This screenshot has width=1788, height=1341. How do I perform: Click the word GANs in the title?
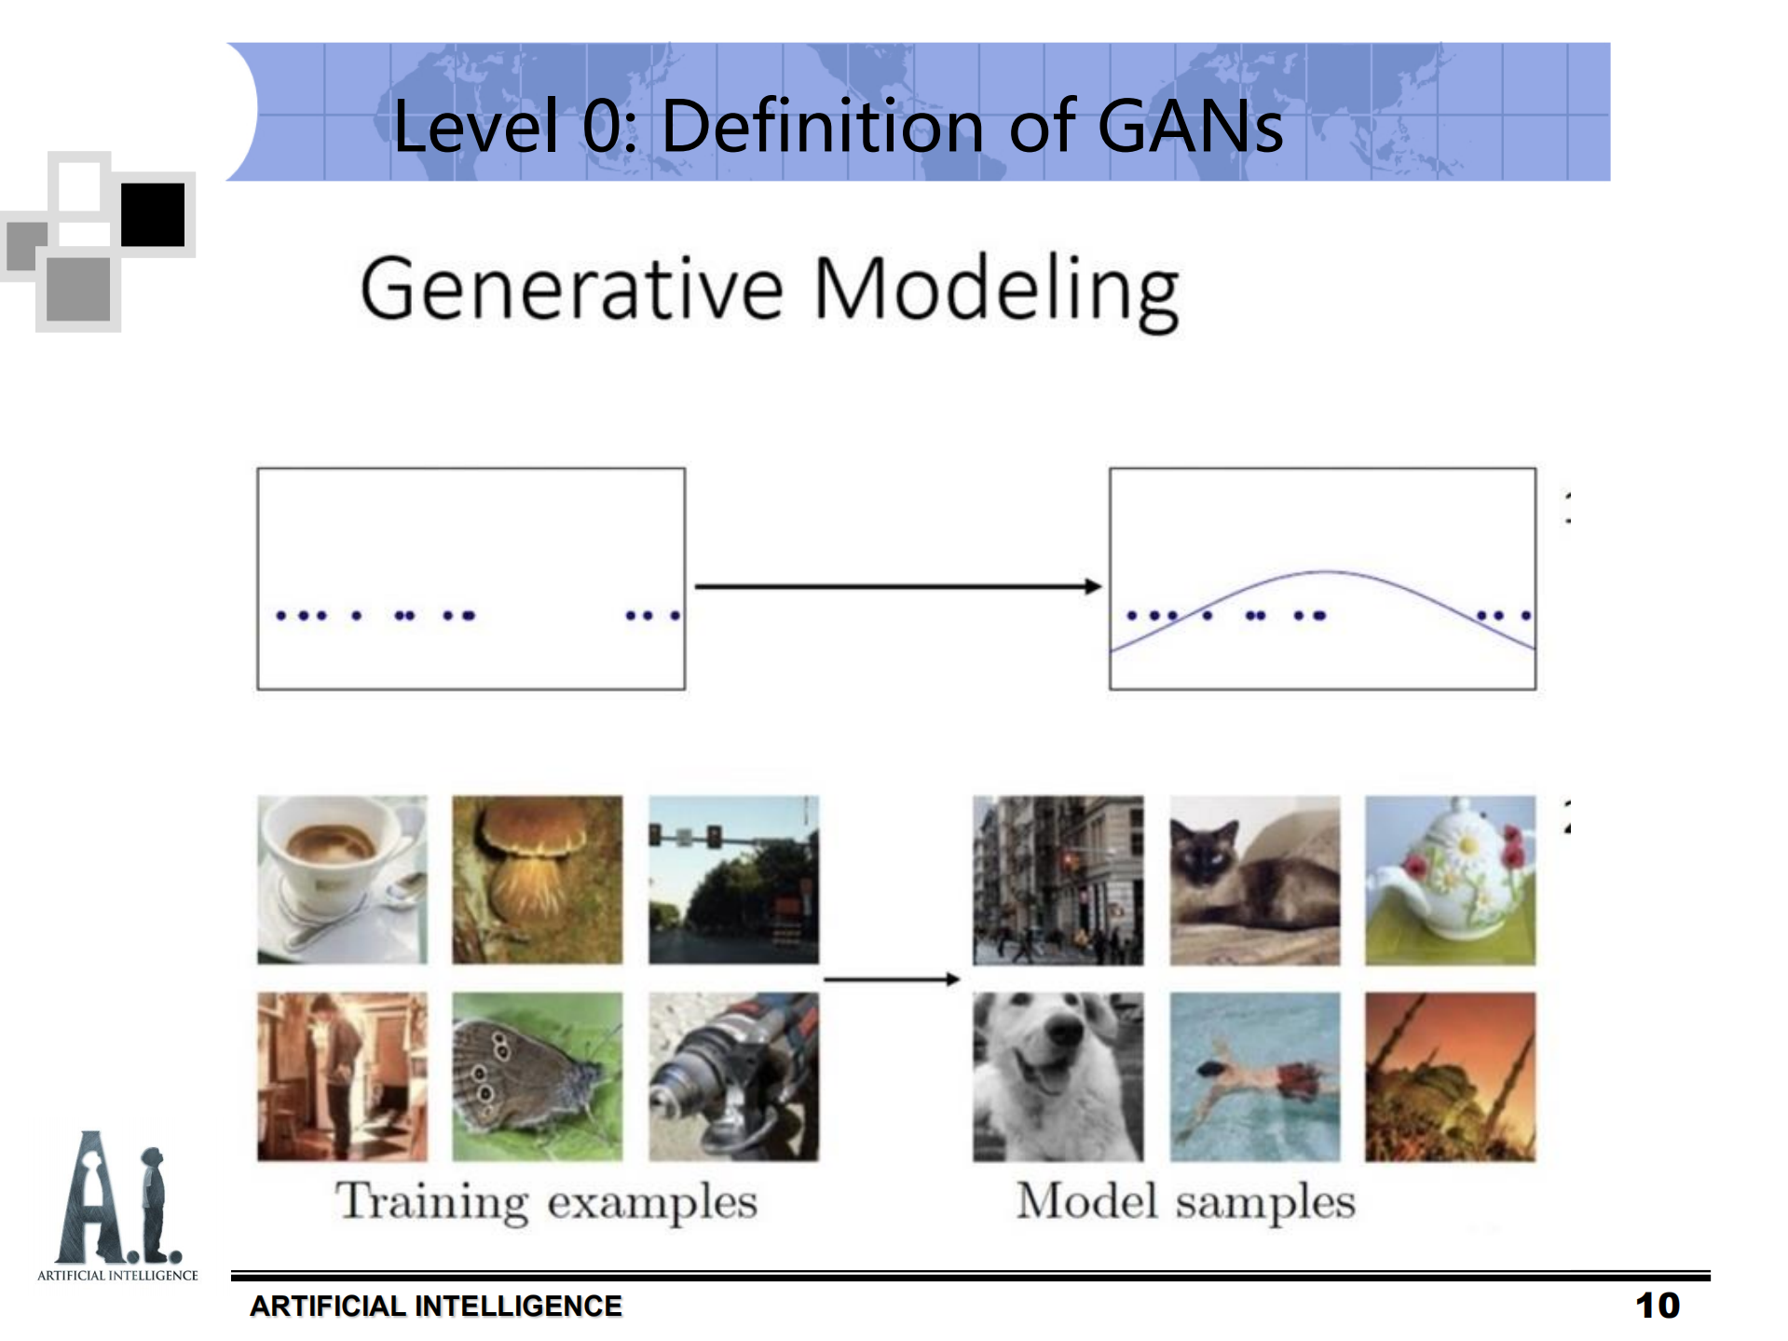[x=1190, y=127]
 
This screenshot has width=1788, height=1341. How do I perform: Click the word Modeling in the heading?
[x=996, y=292]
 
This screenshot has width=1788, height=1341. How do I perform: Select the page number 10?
[x=1658, y=1306]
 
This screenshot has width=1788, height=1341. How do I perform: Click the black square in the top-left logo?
[x=153, y=214]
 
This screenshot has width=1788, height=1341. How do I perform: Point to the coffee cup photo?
[x=342, y=880]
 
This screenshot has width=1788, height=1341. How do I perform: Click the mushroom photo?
[x=538, y=880]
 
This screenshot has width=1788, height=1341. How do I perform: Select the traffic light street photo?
[x=733, y=880]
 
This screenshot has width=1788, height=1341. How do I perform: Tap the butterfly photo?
[x=538, y=1076]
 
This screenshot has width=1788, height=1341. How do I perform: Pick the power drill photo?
[x=733, y=1076]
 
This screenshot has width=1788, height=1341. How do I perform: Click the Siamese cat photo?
[x=1254, y=880]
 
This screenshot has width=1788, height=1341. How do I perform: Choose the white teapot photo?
[x=1450, y=880]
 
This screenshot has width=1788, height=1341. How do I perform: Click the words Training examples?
[x=546, y=1202]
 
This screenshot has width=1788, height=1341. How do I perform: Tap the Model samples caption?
[x=1185, y=1201]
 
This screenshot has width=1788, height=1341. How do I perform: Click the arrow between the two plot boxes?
[x=898, y=586]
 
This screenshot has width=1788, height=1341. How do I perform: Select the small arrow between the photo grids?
[x=892, y=978]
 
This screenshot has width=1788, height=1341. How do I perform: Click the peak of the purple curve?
[x=1327, y=572]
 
